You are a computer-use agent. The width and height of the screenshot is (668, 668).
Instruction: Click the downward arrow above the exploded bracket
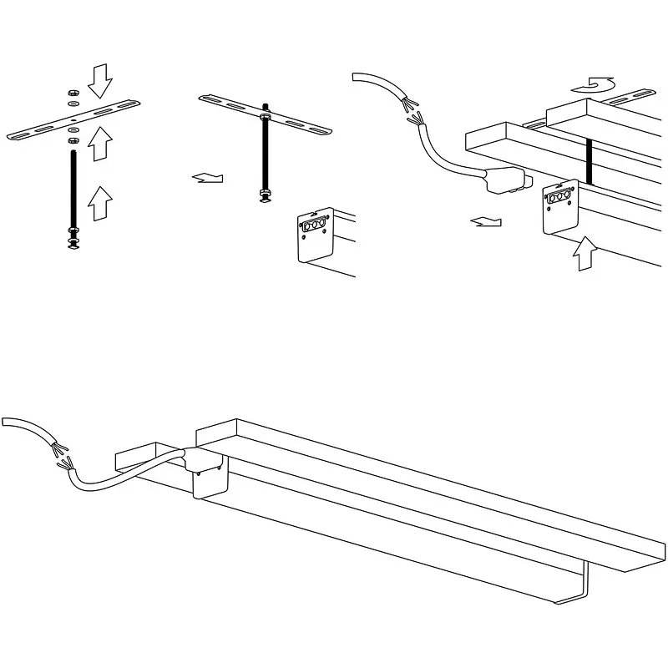(99, 80)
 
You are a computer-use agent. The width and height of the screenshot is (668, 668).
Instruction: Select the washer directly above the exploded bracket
(73, 103)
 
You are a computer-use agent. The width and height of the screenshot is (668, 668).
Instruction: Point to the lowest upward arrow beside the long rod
(98, 203)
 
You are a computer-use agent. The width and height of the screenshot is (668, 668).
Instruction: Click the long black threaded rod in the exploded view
(73, 184)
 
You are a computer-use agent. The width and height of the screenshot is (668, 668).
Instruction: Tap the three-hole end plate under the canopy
(559, 205)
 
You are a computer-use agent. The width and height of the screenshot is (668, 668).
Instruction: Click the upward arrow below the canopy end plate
(587, 253)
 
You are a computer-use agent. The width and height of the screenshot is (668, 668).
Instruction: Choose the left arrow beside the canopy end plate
(487, 221)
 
